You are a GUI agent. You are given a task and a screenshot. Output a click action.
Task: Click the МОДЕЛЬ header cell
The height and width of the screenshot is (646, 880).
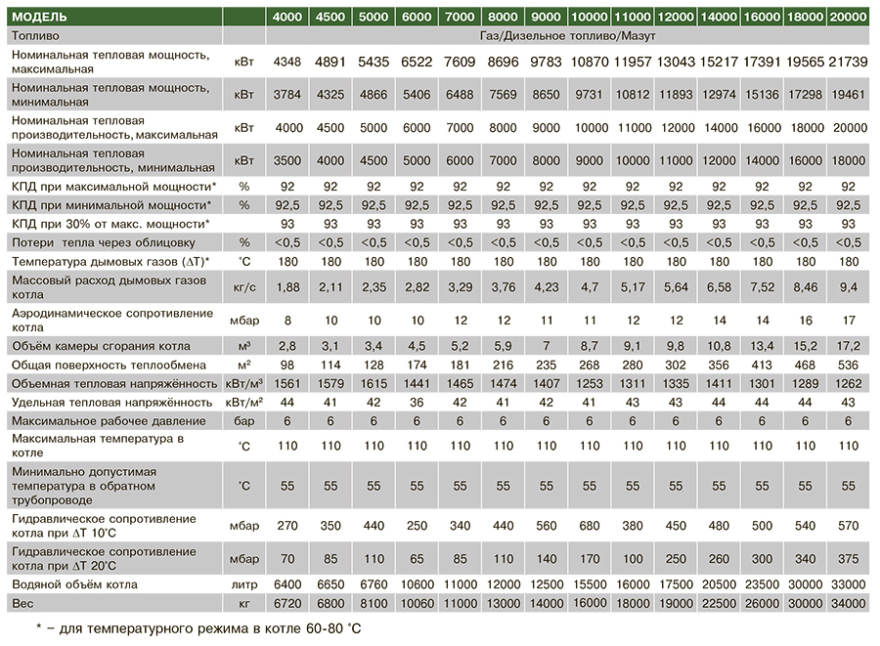(39, 17)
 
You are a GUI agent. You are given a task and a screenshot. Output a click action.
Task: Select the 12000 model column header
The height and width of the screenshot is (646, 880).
(676, 17)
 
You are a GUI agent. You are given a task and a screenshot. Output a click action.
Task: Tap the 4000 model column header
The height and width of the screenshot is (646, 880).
(286, 17)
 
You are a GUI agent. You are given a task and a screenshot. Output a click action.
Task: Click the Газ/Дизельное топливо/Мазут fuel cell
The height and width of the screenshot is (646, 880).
(568, 36)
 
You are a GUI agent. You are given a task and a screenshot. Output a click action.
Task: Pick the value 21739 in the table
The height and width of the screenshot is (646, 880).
(848, 62)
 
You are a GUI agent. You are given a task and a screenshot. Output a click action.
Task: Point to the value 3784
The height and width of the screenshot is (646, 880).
(286, 94)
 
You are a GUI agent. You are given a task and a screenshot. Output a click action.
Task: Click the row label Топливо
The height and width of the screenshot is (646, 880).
(35, 36)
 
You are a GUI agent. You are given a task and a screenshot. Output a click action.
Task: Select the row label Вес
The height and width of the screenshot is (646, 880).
(22, 603)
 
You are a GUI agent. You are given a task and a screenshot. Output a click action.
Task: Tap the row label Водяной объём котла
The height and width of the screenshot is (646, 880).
(74, 584)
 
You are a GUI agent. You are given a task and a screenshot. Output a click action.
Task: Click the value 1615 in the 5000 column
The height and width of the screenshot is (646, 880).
(374, 383)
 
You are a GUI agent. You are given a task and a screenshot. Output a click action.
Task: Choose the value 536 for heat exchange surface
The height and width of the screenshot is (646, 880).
(848, 366)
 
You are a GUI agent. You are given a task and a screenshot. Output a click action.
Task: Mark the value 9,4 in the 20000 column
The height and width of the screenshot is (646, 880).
(848, 287)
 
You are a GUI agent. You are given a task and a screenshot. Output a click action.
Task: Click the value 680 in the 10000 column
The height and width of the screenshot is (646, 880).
(590, 526)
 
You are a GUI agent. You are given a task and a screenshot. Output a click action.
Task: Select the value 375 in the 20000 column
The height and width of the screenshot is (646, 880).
(848, 558)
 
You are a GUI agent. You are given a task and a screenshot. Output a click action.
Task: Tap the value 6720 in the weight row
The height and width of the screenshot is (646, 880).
(286, 603)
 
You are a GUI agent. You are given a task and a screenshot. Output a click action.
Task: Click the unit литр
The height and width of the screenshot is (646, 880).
(244, 584)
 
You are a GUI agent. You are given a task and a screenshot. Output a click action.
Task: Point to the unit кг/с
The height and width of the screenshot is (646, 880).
(244, 287)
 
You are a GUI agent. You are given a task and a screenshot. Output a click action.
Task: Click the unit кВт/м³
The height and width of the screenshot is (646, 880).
(244, 383)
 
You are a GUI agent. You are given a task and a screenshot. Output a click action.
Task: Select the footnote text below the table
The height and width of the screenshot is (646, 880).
(198, 628)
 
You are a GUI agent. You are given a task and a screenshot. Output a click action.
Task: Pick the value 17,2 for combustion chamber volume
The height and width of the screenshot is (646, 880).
(848, 346)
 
